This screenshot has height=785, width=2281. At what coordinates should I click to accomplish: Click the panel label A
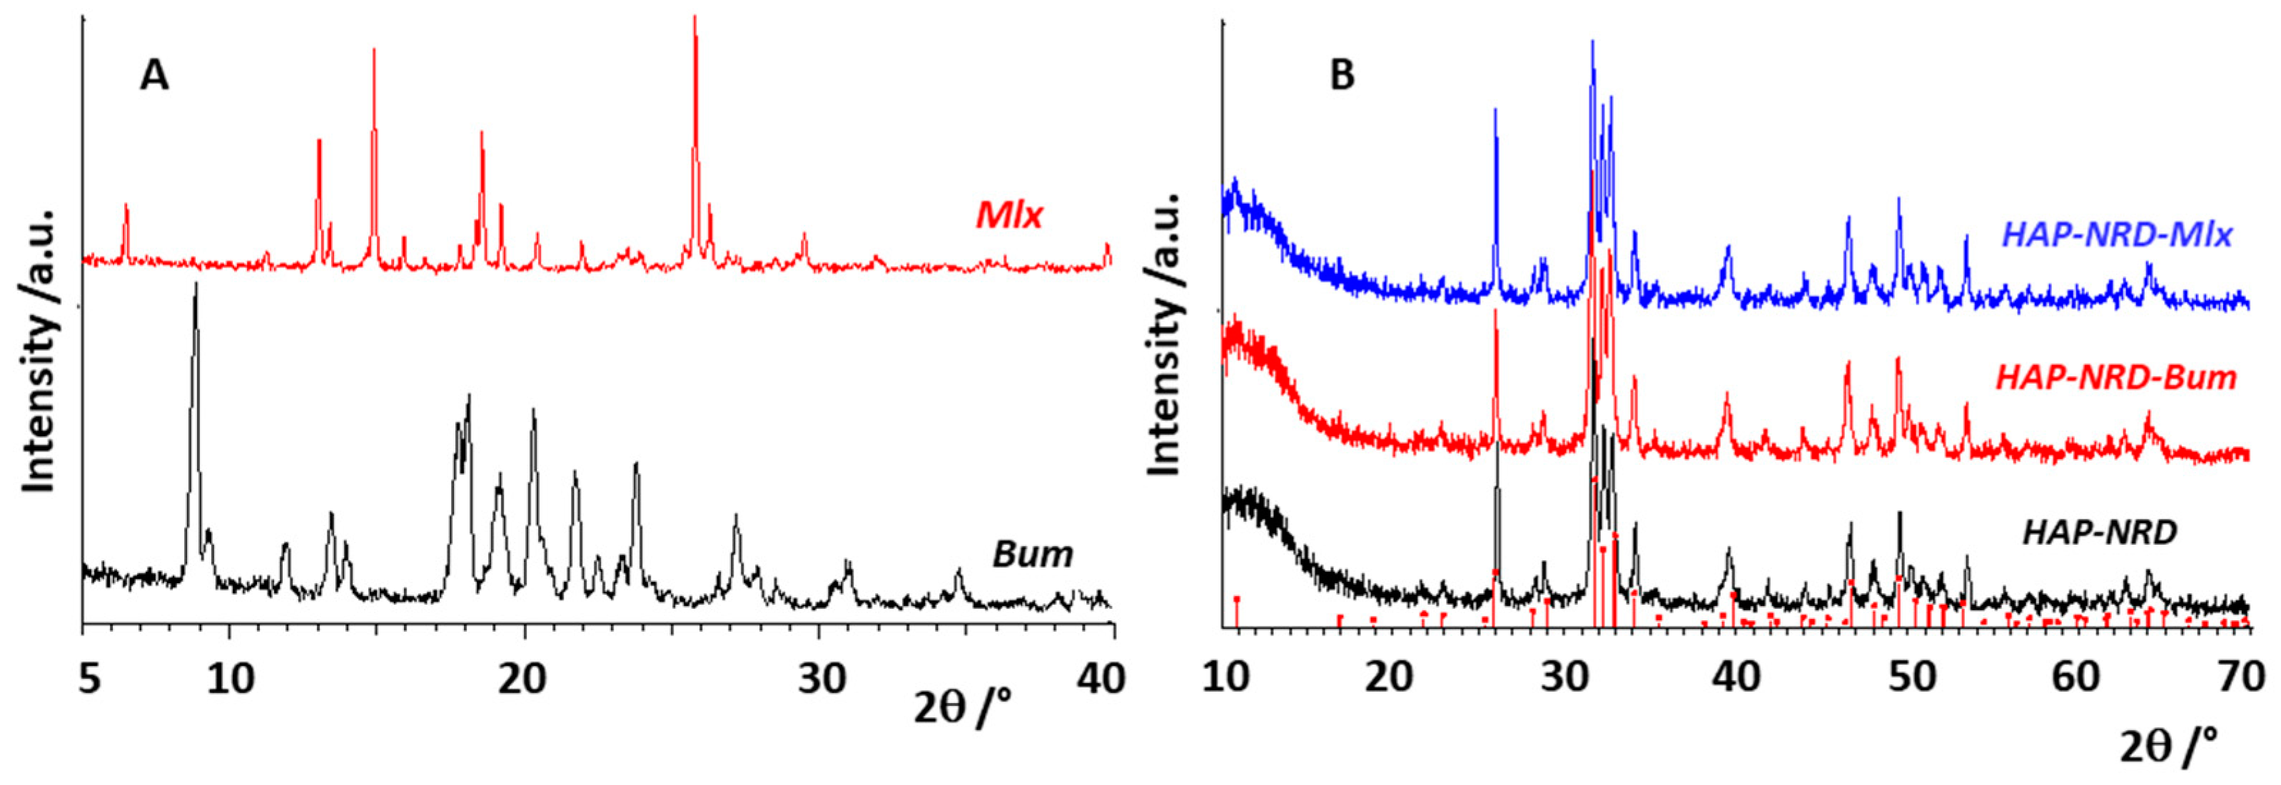point(154,76)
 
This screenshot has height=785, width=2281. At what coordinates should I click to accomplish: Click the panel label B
point(1342,76)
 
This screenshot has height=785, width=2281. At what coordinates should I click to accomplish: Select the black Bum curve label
point(1033,555)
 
